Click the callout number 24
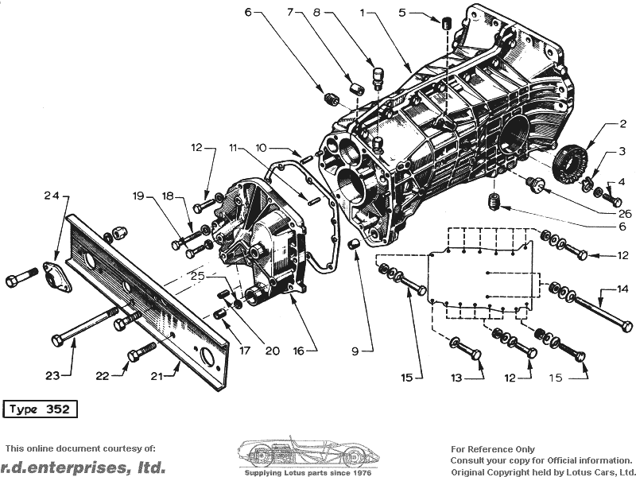pos(52,196)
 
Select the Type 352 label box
pos(40,409)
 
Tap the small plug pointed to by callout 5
pos(446,23)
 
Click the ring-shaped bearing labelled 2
pos(570,164)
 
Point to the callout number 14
pos(622,289)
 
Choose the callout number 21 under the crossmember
pos(157,376)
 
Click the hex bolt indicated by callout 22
pos(142,351)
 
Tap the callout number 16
pos(299,351)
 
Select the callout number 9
pos(355,351)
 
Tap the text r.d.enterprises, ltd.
pos(83,467)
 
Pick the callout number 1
pos(363,13)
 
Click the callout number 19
pos(138,196)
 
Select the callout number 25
pos(198,277)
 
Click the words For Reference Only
pos(493,449)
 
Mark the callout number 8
pos(316,13)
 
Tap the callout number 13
pos(456,378)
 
